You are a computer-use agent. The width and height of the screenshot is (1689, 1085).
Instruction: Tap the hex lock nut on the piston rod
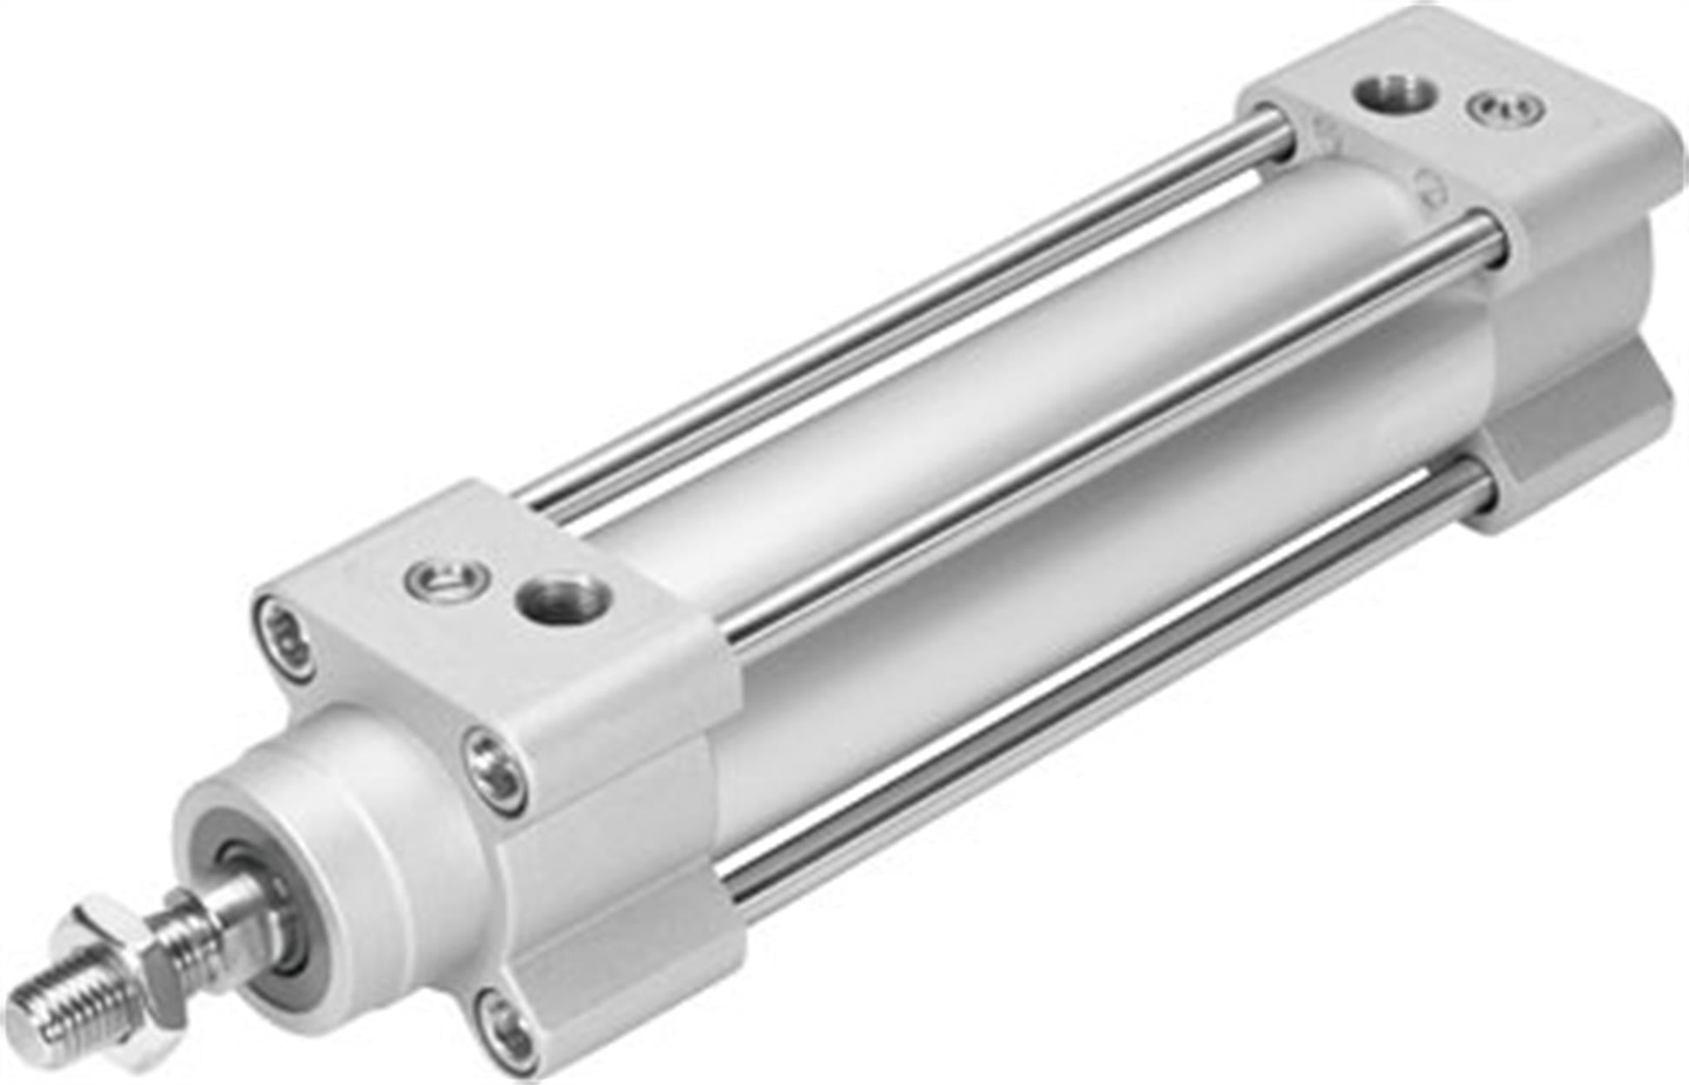(130, 964)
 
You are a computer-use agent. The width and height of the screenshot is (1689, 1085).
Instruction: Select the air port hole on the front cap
(563, 599)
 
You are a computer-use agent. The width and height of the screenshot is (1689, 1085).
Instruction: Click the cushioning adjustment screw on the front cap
(447, 579)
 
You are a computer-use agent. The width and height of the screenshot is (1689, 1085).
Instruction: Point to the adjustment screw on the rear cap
(1506, 109)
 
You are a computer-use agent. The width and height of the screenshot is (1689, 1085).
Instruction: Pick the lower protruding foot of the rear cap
(1573, 434)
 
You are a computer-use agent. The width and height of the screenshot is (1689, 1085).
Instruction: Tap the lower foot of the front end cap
(626, 973)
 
